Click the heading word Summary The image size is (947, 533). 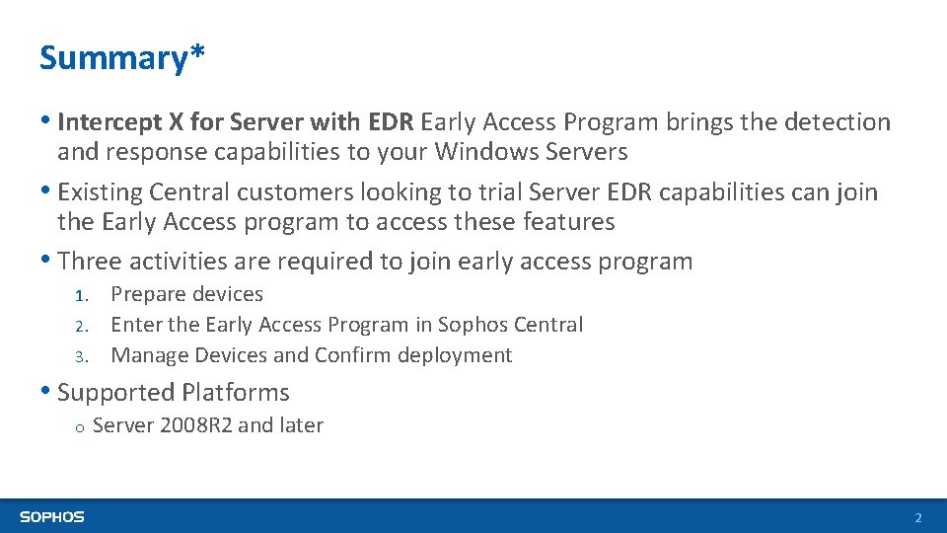(x=109, y=58)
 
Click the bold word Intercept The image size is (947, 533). (x=109, y=122)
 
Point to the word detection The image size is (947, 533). (x=838, y=122)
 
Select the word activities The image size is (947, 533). (x=179, y=262)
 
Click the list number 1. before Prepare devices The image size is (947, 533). (x=86, y=295)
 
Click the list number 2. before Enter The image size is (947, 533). (x=86, y=326)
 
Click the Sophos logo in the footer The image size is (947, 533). (x=52, y=517)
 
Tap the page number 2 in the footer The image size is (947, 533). (x=917, y=518)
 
